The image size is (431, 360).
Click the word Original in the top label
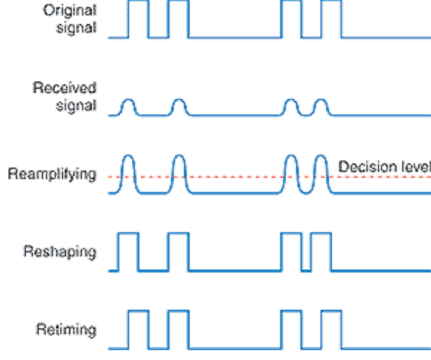click(70, 11)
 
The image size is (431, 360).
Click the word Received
click(65, 87)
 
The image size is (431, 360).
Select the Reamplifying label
click(52, 175)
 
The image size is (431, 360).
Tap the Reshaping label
click(60, 252)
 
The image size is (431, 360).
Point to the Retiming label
click(66, 330)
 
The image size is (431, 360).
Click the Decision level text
click(384, 167)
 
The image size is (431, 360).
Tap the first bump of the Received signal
click(128, 99)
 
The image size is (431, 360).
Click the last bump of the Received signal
click(321, 99)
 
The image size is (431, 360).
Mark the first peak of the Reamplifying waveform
click(128, 156)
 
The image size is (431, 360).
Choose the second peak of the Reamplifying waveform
click(179, 156)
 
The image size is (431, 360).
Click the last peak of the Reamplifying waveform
click(321, 156)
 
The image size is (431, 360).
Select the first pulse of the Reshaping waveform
click(128, 233)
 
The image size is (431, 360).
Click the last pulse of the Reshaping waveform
click(321, 233)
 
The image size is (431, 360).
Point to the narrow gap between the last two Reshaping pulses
click(306, 271)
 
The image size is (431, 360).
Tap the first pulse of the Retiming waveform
click(138, 311)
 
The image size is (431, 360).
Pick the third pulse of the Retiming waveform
click(292, 311)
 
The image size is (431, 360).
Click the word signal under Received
click(76, 106)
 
